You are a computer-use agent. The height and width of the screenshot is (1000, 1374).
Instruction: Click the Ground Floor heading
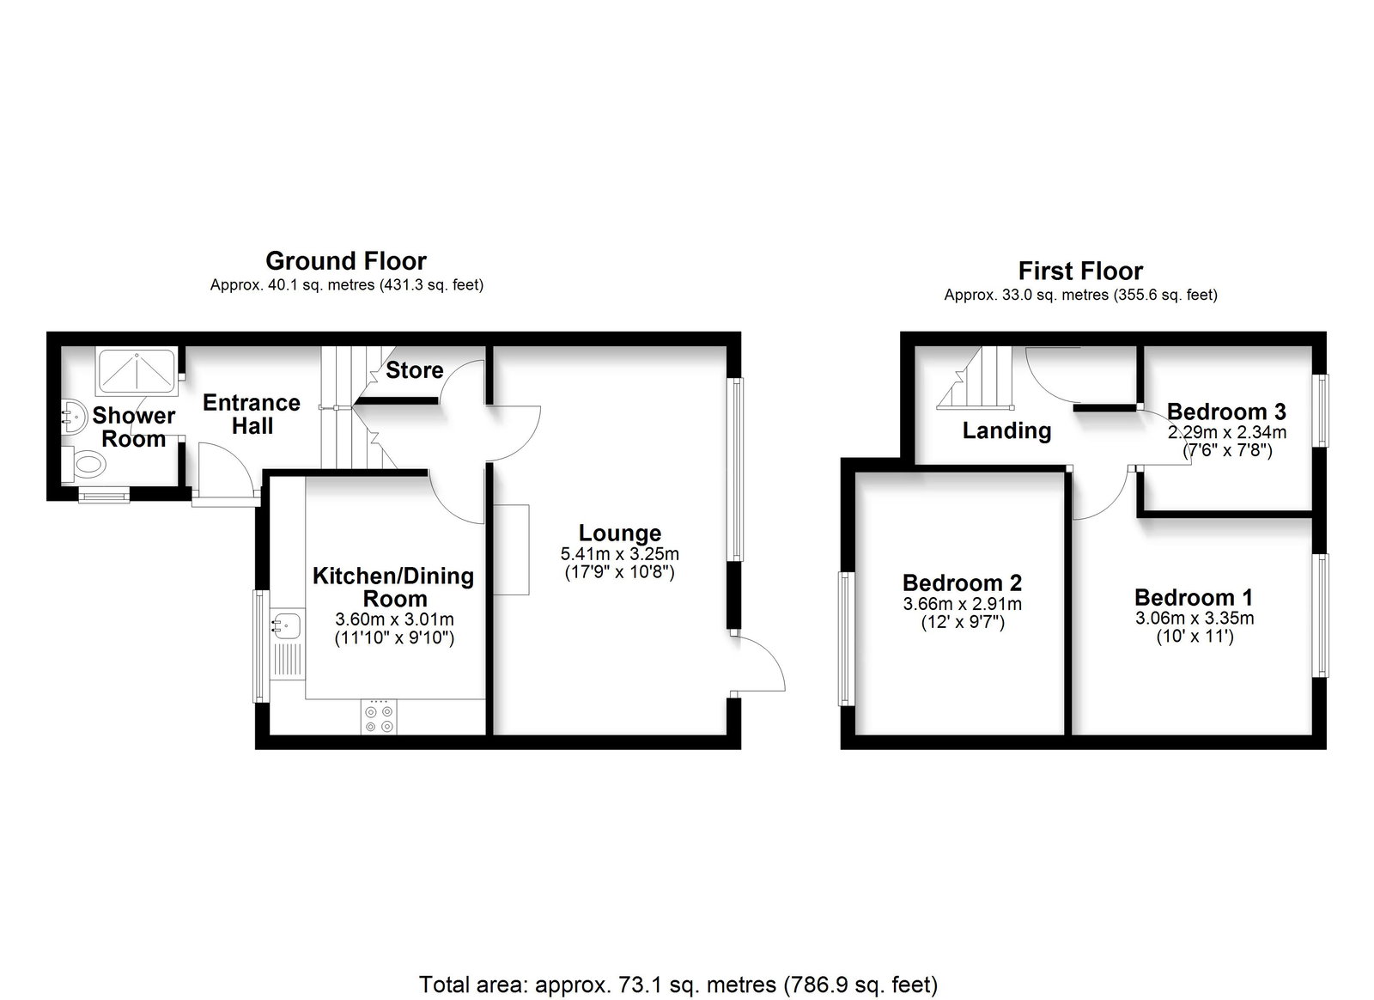pyautogui.click(x=346, y=261)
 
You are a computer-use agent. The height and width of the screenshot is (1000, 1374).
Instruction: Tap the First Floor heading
pyautogui.click(x=1081, y=271)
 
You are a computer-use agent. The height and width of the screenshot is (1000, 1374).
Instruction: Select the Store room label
pyautogui.click(x=415, y=370)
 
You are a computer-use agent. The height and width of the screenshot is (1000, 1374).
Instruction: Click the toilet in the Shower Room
pyautogui.click(x=83, y=465)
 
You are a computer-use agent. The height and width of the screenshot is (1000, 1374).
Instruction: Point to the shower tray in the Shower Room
pyautogui.click(x=137, y=369)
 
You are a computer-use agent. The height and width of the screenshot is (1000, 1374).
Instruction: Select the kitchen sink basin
pyautogui.click(x=287, y=625)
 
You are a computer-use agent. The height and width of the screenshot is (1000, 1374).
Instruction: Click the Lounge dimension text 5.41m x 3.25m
pyautogui.click(x=619, y=554)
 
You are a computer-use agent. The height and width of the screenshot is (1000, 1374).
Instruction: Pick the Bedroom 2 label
pyautogui.click(x=962, y=582)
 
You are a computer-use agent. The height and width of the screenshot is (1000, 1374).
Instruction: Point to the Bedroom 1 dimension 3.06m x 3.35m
pyautogui.click(x=1195, y=618)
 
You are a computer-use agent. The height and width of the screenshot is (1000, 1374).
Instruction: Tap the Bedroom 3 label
pyautogui.click(x=1226, y=411)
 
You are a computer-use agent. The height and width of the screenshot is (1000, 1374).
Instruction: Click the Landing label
pyautogui.click(x=1006, y=430)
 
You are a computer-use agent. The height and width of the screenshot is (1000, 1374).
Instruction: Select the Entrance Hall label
pyautogui.click(x=252, y=414)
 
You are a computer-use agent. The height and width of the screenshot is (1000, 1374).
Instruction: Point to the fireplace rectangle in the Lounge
pyautogui.click(x=511, y=550)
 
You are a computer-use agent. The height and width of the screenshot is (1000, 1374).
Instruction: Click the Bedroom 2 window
pyautogui.click(x=846, y=638)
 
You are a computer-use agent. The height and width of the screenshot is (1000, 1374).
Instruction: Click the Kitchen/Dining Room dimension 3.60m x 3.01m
pyautogui.click(x=394, y=619)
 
